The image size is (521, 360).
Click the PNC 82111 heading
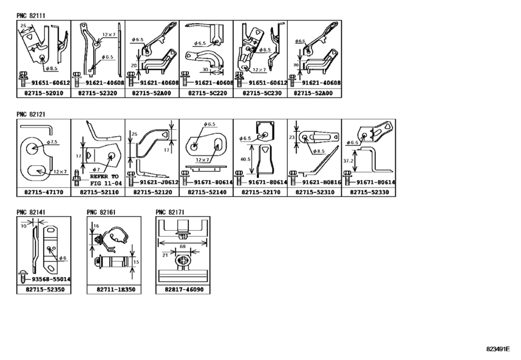click(x=30, y=13)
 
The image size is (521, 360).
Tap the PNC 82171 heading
click(x=170, y=211)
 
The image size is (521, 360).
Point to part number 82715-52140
click(x=206, y=192)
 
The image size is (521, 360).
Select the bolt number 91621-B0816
click(x=316, y=183)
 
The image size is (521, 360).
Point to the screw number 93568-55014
click(x=46, y=280)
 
